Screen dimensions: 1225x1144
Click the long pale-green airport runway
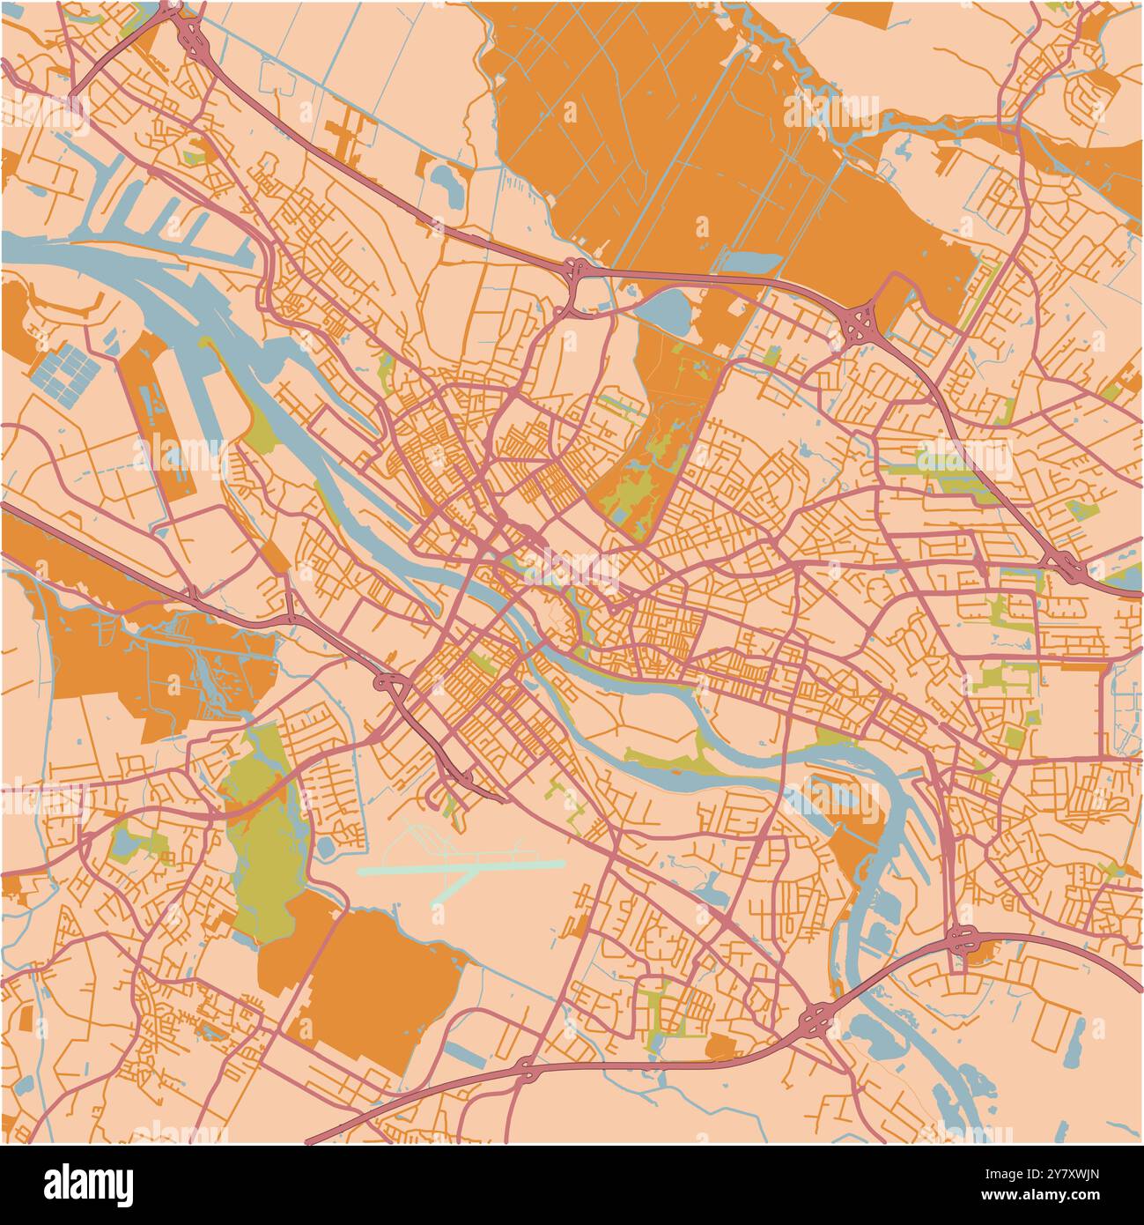461,867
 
